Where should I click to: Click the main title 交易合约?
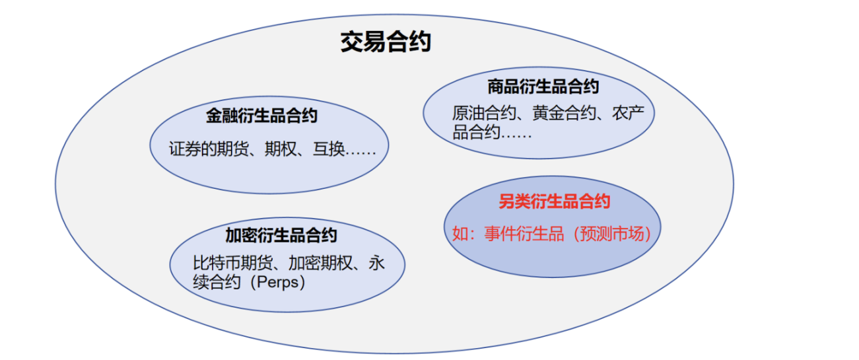(385, 42)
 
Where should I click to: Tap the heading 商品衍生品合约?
(543, 87)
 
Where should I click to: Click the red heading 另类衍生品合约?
(554, 202)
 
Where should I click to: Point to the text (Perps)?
(277, 283)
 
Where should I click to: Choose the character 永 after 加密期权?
(377, 264)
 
